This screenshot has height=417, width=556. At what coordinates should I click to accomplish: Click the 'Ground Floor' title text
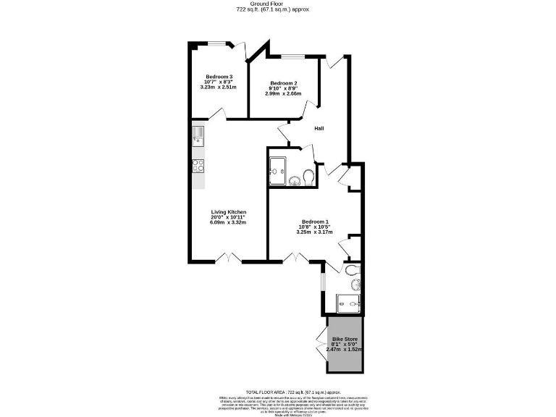(278, 4)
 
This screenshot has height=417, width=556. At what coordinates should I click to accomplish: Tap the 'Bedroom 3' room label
(219, 77)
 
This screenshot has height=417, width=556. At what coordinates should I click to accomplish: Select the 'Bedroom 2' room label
(284, 83)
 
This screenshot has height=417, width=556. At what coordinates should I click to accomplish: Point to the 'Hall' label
(319, 128)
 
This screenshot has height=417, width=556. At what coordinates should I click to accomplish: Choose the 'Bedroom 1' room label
(315, 222)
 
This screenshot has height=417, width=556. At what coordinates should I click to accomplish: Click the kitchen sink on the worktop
(198, 135)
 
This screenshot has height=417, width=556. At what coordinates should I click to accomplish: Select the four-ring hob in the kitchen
(198, 164)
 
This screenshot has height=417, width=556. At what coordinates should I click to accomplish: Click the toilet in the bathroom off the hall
(308, 177)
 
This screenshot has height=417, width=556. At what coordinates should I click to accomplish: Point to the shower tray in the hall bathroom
(277, 171)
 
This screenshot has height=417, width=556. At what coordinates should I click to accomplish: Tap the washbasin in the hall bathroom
(295, 180)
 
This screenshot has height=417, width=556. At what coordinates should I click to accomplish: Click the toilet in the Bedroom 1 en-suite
(353, 271)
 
